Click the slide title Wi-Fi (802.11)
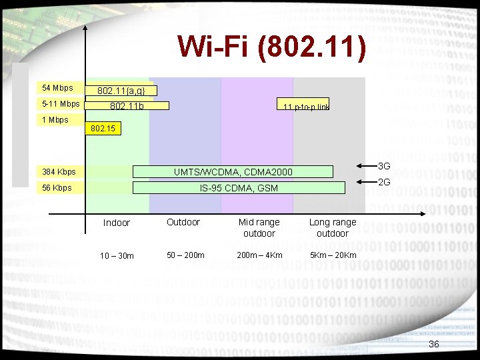[272, 49]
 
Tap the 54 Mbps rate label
[57, 88]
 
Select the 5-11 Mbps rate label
[61, 104]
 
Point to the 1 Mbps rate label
[55, 120]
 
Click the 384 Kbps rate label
[59, 172]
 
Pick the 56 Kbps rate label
[57, 188]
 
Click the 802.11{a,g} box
[121, 91]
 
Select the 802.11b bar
[127, 105]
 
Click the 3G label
[384, 166]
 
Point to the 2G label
[384, 182]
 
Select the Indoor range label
[117, 223]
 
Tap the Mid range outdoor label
[259, 227]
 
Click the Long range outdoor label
[333, 227]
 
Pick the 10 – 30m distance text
[117, 256]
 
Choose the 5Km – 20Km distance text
[333, 255]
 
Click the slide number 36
[434, 344]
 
